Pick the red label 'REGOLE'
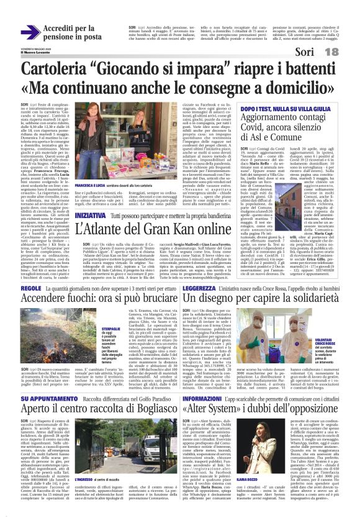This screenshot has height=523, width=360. pos(30,288)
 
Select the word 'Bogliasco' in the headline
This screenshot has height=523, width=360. pos(149,409)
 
